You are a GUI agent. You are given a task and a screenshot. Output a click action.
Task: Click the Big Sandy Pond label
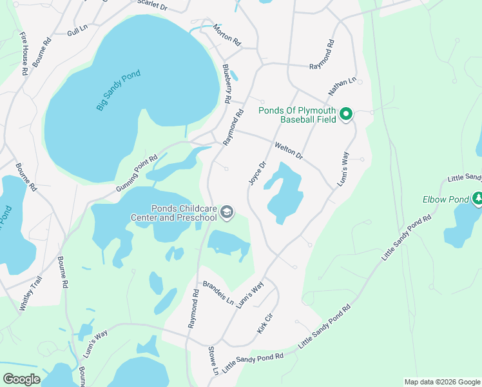119,91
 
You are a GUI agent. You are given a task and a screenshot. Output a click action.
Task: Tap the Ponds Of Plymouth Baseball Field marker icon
346,115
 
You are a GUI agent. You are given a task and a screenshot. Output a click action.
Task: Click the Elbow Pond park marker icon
477,199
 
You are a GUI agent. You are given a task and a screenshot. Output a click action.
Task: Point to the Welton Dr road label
289,152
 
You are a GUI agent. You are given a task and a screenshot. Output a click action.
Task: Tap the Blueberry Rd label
227,84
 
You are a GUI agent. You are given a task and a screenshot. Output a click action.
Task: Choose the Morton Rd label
227,35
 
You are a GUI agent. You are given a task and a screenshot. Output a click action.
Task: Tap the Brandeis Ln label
218,293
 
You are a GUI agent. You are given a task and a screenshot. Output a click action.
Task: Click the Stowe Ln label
213,361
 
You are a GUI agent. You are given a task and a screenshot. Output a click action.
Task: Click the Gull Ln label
77,30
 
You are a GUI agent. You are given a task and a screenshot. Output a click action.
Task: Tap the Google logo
21,379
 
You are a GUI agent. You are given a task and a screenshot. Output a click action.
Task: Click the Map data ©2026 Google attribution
441,382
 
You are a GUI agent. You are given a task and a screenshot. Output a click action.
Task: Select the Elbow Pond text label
445,200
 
